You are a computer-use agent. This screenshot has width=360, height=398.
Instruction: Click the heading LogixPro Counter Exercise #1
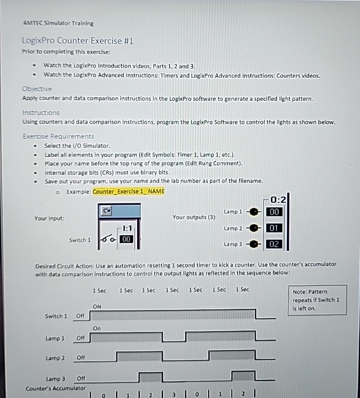click(x=78, y=41)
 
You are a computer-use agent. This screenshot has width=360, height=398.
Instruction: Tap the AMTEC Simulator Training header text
click(x=58, y=24)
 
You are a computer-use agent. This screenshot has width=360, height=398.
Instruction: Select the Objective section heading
click(x=37, y=89)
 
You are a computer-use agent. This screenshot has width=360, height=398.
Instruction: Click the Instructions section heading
click(x=41, y=113)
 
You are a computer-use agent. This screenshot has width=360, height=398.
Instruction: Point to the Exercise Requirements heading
click(x=58, y=136)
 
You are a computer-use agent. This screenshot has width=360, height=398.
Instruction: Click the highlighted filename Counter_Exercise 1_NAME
click(x=129, y=191)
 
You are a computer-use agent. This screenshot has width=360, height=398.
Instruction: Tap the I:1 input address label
click(x=126, y=229)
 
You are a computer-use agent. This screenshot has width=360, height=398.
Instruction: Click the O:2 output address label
click(x=279, y=199)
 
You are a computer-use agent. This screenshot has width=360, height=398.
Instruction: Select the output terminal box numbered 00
click(x=275, y=212)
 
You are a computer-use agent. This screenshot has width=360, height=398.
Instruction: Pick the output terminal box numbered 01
click(x=275, y=228)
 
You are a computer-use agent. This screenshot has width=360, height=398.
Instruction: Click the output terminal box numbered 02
click(x=275, y=244)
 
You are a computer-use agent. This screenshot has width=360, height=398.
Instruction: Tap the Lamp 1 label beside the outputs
click(x=233, y=212)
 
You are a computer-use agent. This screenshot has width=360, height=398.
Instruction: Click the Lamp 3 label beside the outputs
click(x=233, y=244)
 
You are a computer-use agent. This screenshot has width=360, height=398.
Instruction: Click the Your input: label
click(x=49, y=218)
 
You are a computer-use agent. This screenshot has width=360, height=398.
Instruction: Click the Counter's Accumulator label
click(x=56, y=388)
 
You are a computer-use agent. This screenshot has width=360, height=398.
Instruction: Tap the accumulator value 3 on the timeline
click(x=173, y=393)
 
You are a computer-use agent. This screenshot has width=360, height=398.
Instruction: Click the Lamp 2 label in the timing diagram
click(x=55, y=358)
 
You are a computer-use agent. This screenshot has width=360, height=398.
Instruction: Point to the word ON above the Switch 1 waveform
click(x=97, y=307)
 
